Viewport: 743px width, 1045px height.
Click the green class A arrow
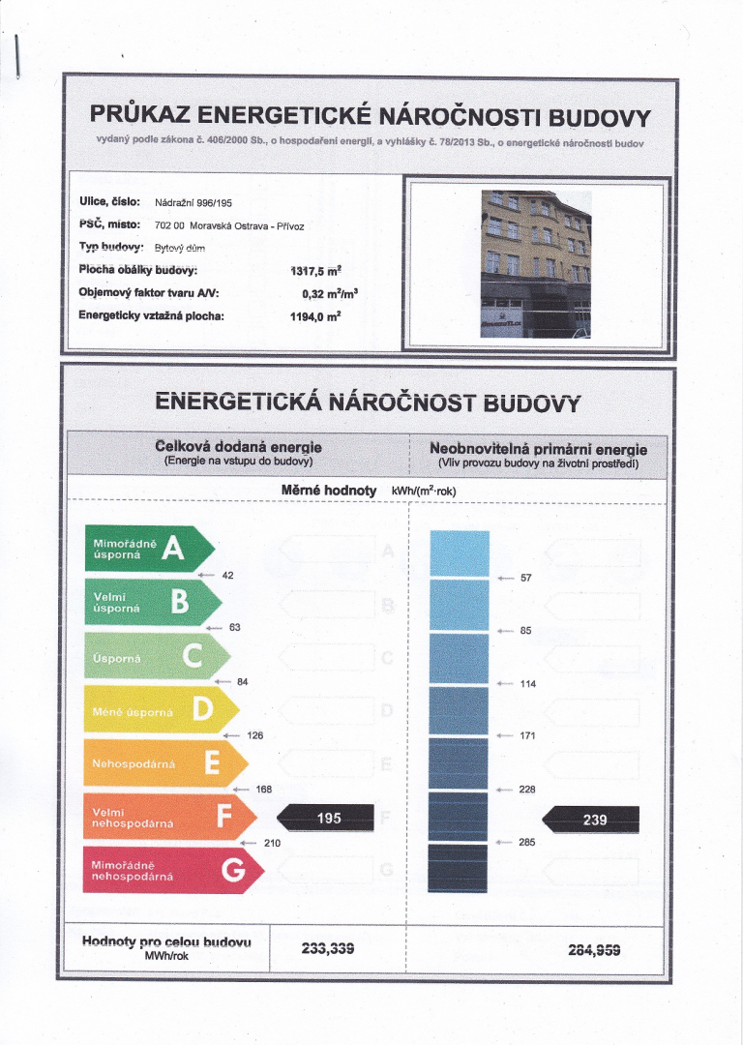coord(145,549)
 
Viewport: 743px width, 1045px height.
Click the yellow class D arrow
coord(155,709)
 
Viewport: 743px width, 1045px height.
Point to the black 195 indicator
coord(327,818)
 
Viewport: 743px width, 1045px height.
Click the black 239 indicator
coord(592,819)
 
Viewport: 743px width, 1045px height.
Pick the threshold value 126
coord(255,735)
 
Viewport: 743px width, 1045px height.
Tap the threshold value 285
coord(527,842)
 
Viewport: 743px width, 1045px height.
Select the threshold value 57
coord(526,578)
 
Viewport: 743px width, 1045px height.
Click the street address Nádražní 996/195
coord(193,203)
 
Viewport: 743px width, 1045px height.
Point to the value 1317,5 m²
coord(319,271)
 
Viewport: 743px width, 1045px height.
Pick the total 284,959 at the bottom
coord(596,948)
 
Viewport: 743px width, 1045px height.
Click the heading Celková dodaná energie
coord(238,447)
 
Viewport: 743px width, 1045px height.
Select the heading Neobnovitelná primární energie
coord(539,449)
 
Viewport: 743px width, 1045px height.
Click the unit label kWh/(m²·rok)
coord(424,492)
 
